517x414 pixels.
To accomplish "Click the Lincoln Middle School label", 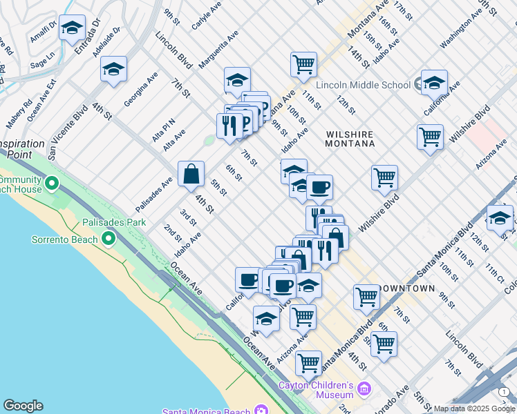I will [364, 86].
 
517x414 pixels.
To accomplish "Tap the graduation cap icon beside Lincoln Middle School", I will [433, 83].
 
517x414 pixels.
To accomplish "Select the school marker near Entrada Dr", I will [72, 28].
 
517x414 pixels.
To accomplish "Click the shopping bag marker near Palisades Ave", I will [191, 175].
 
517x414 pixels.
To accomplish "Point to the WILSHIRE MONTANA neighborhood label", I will [350, 139].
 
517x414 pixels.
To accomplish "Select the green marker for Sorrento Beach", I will [108, 239].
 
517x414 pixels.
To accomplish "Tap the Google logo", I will [23, 406].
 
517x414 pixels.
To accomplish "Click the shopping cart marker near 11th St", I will [303, 66].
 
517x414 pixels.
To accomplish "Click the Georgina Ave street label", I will [141, 88].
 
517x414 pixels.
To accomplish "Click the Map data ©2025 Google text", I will [474, 408].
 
